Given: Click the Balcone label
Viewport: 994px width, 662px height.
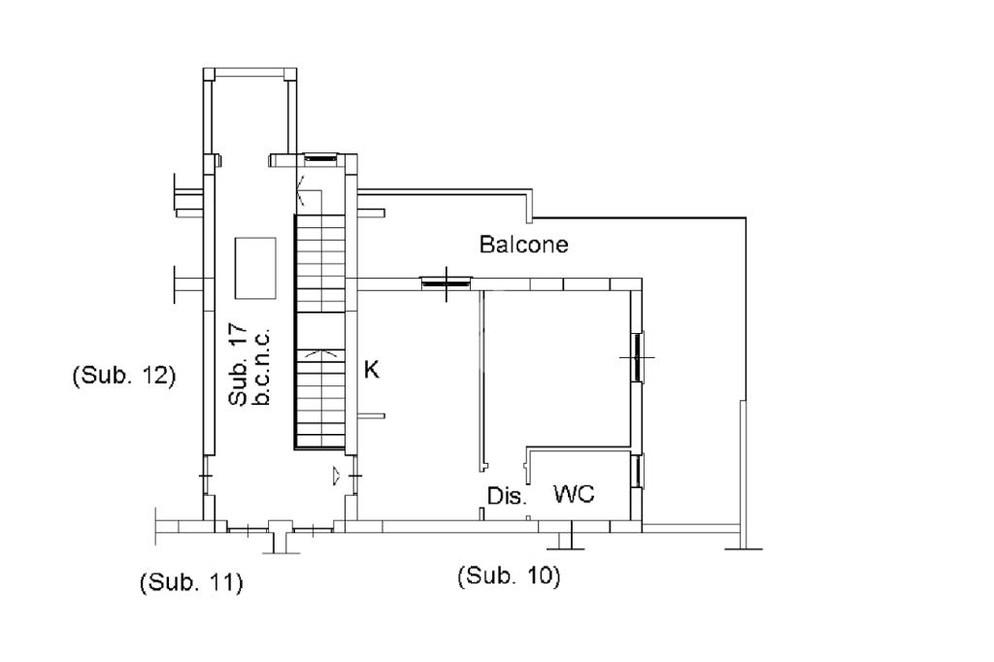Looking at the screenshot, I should coord(523,245).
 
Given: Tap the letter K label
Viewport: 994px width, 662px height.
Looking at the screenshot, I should coord(370,369).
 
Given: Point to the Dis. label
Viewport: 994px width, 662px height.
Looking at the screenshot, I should coord(506,497).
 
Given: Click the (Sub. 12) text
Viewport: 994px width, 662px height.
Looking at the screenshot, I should coord(123,376).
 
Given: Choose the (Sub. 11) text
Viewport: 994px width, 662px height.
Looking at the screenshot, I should coord(190,582).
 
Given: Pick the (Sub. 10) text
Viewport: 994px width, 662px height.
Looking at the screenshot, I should coord(509,576).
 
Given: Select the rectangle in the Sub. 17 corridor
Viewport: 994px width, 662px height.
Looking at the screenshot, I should coord(255,268).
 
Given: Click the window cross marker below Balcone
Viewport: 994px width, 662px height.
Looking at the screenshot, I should coord(445,282).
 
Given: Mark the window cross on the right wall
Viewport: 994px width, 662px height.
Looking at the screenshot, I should coord(637,357).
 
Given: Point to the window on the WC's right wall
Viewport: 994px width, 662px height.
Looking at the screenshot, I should coord(637,471).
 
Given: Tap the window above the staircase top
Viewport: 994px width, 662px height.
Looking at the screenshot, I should coord(319,158).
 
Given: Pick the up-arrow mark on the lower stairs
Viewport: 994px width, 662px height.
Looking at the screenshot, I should coord(319,356).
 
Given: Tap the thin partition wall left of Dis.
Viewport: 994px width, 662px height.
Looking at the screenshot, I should coord(482,379).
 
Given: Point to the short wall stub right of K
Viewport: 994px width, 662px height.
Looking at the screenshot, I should coord(373,415).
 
